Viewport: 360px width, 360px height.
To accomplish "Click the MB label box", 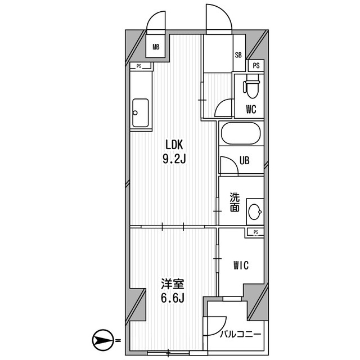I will tap(155, 47).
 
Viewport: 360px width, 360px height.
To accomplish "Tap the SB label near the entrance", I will tap(238, 56).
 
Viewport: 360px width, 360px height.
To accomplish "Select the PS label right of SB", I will tap(256, 66).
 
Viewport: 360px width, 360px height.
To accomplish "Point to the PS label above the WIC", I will tap(256, 232).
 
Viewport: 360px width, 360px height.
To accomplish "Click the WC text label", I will tap(250, 109).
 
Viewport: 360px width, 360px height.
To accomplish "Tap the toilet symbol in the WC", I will tap(251, 87).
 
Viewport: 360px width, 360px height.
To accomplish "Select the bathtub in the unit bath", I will tap(241, 135).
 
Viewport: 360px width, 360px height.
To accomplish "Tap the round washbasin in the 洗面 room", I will tap(255, 213).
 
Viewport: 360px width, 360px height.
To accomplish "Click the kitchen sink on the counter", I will tap(140, 113).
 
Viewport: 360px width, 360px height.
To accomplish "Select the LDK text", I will tap(174, 143).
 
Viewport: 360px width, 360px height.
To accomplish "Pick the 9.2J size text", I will tap(174, 159).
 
